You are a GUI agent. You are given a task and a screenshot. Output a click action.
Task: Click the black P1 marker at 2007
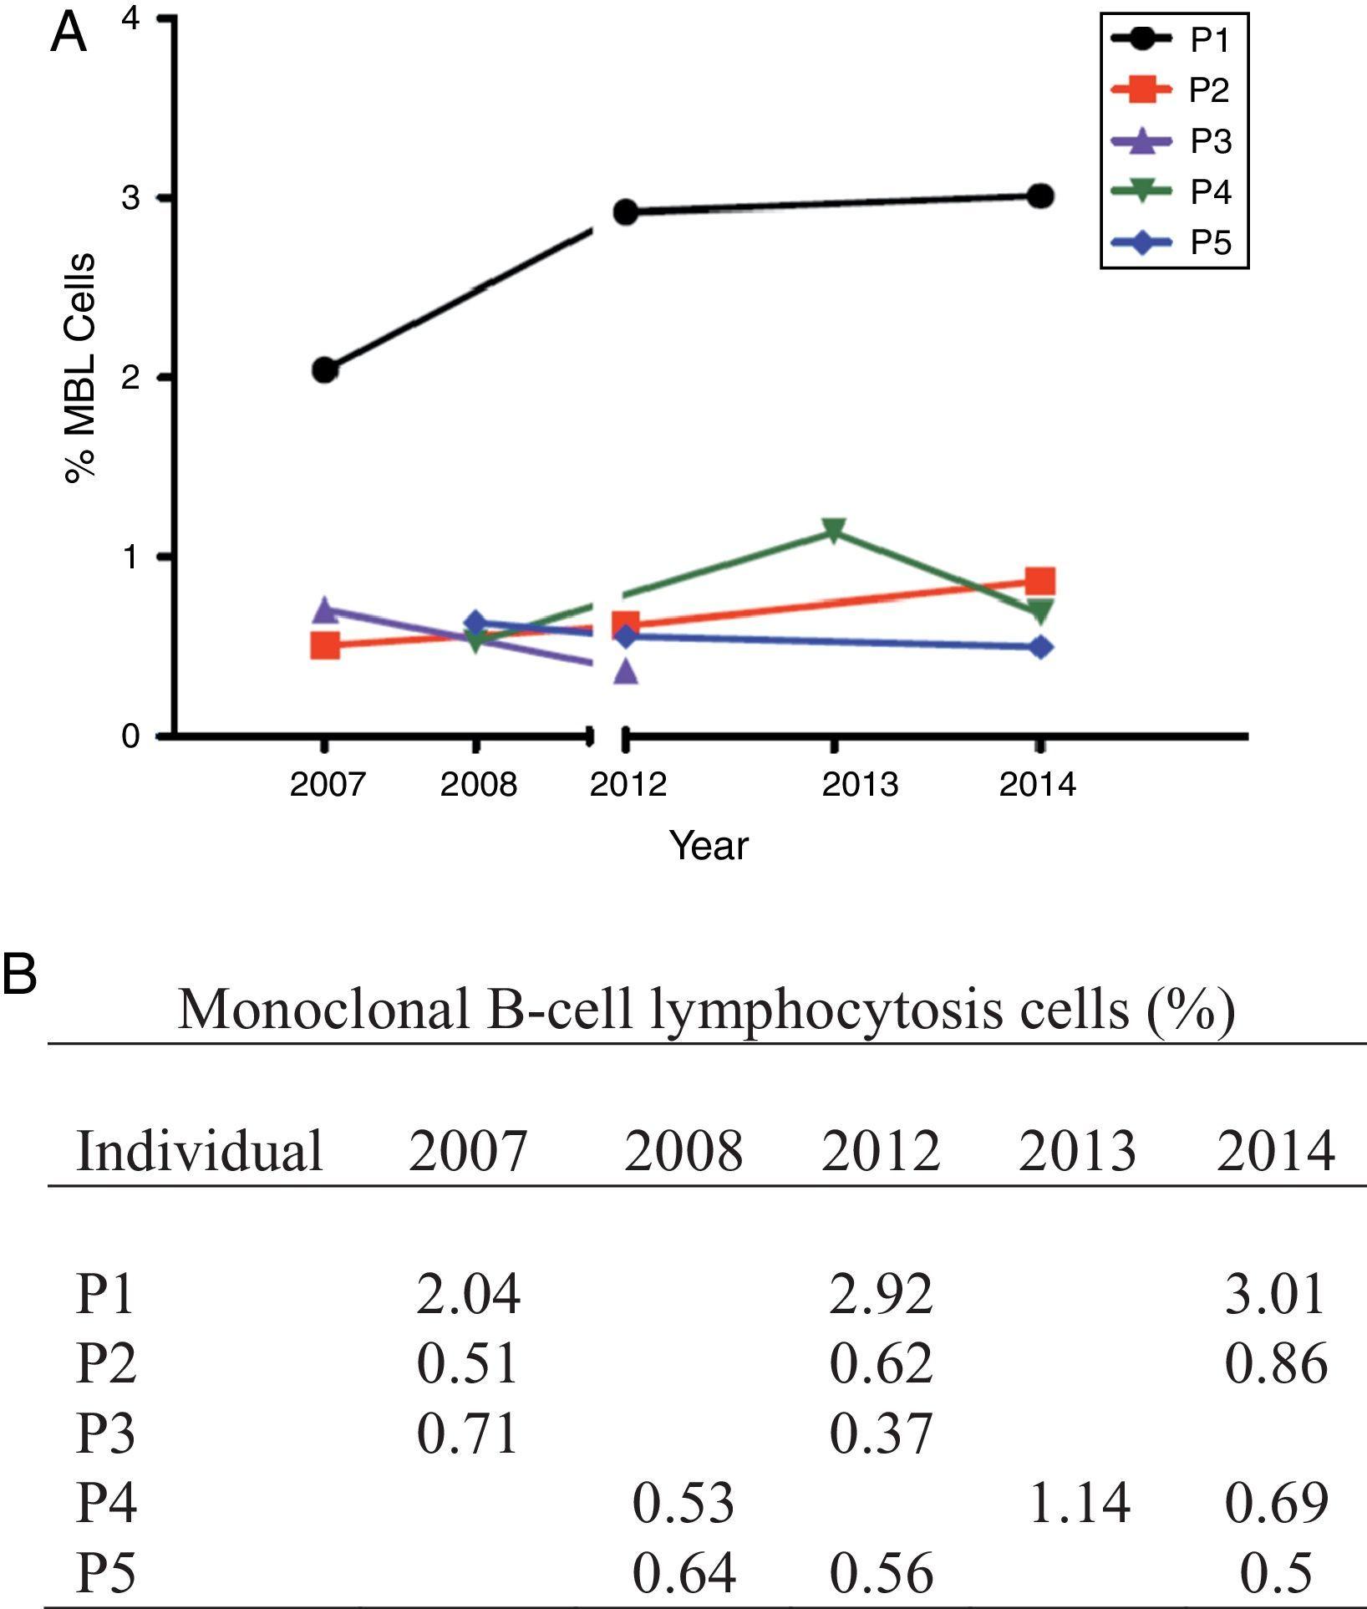tap(325, 369)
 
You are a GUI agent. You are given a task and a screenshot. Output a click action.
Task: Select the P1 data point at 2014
tap(1039, 196)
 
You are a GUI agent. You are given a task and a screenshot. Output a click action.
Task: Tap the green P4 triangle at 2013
tap(833, 530)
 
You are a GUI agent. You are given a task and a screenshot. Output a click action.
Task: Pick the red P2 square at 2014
tap(1039, 581)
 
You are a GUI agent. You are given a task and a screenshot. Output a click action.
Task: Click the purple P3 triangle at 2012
tap(627, 671)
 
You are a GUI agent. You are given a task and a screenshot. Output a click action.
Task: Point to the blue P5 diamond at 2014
tap(1039, 647)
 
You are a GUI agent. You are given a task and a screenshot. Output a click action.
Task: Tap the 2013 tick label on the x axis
tap(860, 785)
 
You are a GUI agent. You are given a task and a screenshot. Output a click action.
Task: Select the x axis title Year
tap(709, 846)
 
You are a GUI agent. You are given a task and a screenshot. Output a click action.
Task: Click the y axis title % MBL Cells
tap(81, 368)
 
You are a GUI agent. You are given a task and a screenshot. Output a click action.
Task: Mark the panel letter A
tap(69, 35)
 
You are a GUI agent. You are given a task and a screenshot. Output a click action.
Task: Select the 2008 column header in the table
tap(683, 1151)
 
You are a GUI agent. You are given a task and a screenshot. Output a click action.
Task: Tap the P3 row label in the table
tap(105, 1433)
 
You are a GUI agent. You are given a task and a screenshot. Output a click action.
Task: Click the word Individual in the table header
tap(199, 1151)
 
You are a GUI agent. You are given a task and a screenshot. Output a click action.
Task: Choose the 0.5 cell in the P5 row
tap(1276, 1572)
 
